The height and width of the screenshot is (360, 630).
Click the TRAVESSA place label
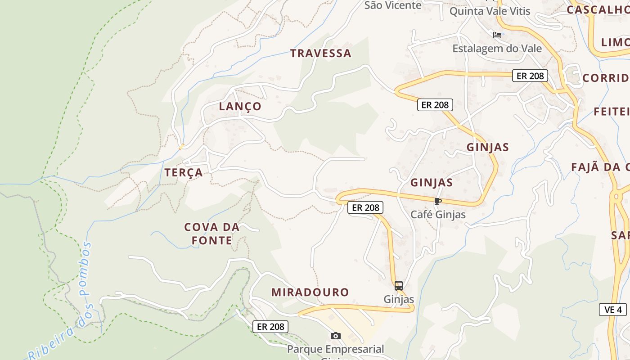320,53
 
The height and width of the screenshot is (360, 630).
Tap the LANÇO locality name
240,107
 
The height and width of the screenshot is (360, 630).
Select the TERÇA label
183,172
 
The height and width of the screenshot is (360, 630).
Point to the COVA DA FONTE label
211,234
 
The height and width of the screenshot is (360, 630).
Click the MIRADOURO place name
310,292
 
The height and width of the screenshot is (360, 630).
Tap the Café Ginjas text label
438,214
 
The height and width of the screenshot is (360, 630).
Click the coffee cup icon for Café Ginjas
437,201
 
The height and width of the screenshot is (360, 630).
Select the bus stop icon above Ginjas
398,285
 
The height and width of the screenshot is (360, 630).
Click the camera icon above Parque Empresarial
335,336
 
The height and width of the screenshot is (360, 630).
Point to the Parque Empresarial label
335,349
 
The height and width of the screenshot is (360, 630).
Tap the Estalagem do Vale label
497,48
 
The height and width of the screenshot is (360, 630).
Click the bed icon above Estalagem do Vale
497,35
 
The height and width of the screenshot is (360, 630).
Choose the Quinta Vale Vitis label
490,11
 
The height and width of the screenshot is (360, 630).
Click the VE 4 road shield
613,310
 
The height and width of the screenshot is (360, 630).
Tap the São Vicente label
393,5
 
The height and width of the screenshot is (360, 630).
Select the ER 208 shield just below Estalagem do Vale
530,76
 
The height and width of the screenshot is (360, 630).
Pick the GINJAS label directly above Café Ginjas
431,183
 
